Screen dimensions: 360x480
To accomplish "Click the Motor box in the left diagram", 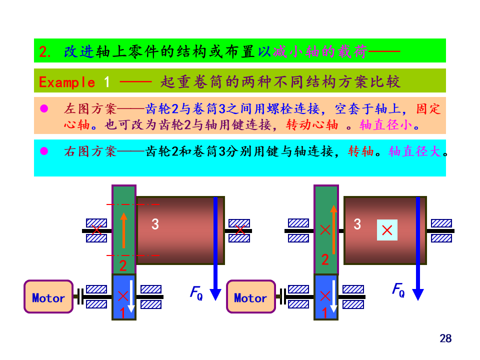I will (48, 297).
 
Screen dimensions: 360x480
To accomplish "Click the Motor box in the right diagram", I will (250, 297).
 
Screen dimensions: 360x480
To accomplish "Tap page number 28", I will (445, 338).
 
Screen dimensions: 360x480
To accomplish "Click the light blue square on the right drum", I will (386, 230).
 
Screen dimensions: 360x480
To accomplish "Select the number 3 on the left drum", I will (155, 224).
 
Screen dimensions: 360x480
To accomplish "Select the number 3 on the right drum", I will (357, 224).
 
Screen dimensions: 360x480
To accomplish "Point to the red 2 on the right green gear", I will (325, 259).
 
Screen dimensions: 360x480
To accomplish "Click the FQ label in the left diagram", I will (196, 292).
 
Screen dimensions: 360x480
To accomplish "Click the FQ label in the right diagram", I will (398, 290).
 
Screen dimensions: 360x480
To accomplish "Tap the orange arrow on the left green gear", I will (123, 229).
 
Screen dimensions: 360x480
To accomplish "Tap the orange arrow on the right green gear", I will (333, 229).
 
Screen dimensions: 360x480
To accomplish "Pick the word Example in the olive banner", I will (67, 82).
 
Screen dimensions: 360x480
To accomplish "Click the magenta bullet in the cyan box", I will (44, 150).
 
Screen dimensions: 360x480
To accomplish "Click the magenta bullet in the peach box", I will (44, 108).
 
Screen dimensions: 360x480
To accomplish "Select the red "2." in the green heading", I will (45, 51).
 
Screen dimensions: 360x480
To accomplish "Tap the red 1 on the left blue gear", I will (122, 313).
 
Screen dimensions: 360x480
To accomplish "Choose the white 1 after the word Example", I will (106, 81).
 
